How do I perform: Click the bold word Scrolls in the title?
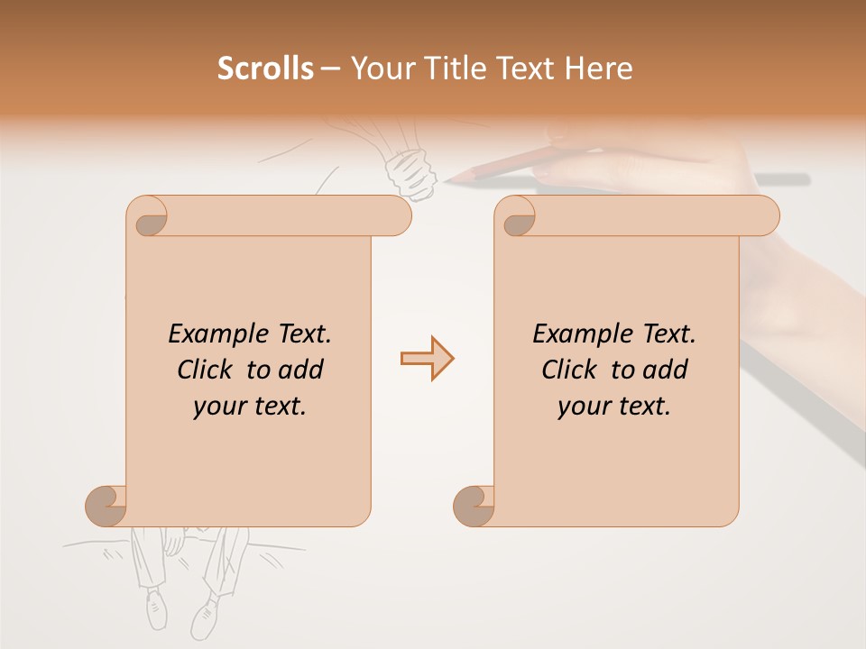[x=265, y=69]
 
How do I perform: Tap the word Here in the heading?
[x=599, y=69]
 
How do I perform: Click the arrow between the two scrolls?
[x=427, y=359]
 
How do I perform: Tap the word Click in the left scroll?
[x=207, y=370]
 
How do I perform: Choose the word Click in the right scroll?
[x=571, y=370]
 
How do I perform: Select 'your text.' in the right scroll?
[x=614, y=407]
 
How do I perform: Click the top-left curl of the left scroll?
[x=148, y=217]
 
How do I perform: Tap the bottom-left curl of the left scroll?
[x=106, y=506]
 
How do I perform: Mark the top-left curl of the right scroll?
[x=517, y=217]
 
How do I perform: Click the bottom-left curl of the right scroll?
[x=474, y=506]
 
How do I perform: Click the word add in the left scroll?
[x=301, y=370]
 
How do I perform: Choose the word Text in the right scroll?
[x=668, y=334]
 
